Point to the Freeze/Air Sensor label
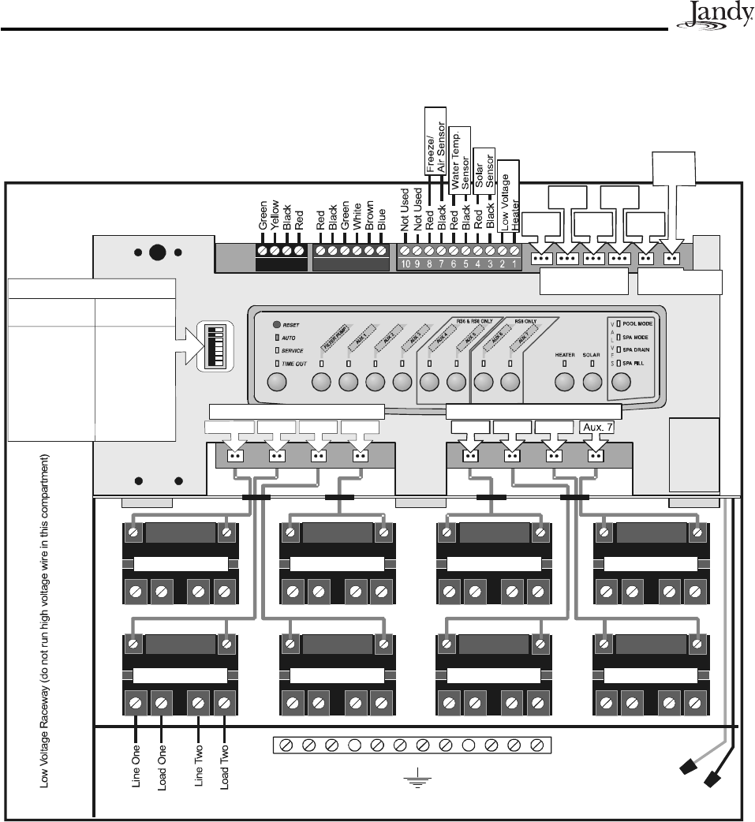pyautogui.click(x=436, y=140)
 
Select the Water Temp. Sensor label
pyautogui.click(x=460, y=159)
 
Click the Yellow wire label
pyautogui.click(x=275, y=215)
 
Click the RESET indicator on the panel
pyautogui.click(x=284, y=323)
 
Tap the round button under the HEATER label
pyautogui.click(x=564, y=382)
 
